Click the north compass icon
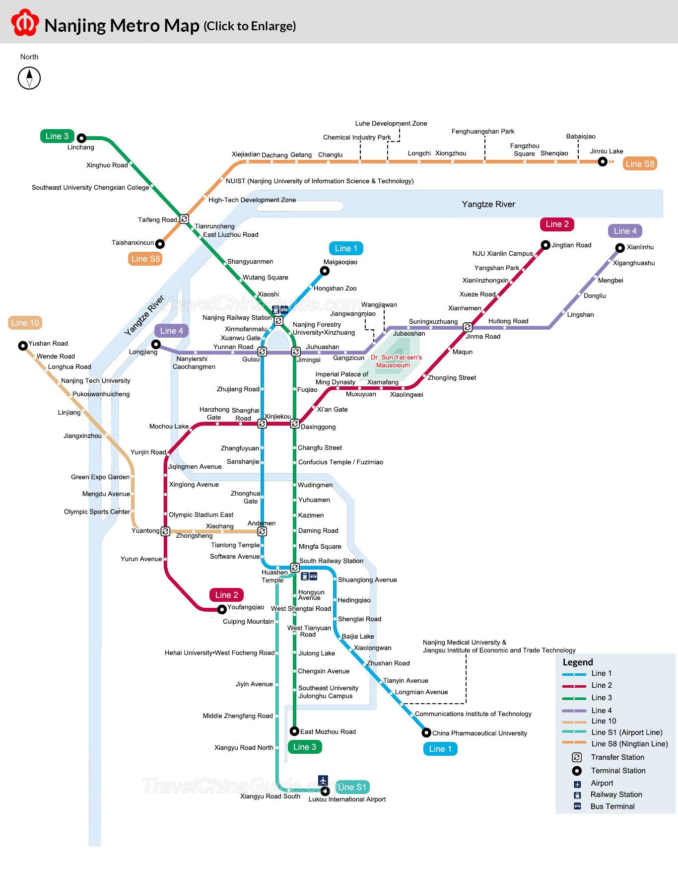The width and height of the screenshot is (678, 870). coord(29,78)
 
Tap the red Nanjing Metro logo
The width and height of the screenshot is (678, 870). coord(25,23)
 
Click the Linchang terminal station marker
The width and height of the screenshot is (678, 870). coord(81,138)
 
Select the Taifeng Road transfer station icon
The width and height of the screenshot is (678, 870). coord(184,219)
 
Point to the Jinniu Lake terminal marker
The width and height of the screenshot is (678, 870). coord(603,161)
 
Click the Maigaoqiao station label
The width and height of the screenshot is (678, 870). coord(340,262)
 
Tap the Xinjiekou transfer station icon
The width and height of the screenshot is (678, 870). coord(262,424)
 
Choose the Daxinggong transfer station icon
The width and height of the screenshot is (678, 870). coord(295,424)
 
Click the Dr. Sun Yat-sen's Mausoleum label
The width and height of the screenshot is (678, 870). coord(396,361)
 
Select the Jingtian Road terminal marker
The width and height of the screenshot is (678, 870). coord(545,245)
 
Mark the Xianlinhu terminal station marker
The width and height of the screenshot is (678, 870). coord(620,248)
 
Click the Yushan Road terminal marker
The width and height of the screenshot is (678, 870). coord(23,346)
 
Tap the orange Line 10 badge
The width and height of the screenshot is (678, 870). coord(25,323)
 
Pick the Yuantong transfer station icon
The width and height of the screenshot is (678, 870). coord(166,531)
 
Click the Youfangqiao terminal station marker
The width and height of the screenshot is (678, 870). coord(222,609)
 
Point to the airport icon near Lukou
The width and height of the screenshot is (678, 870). coord(323,780)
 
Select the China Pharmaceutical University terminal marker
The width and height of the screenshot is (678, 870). coord(426,732)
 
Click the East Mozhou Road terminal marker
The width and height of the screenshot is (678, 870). coord(294,731)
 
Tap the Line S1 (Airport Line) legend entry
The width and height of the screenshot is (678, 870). coord(626,732)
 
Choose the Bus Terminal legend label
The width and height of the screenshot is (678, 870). coord(612,806)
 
